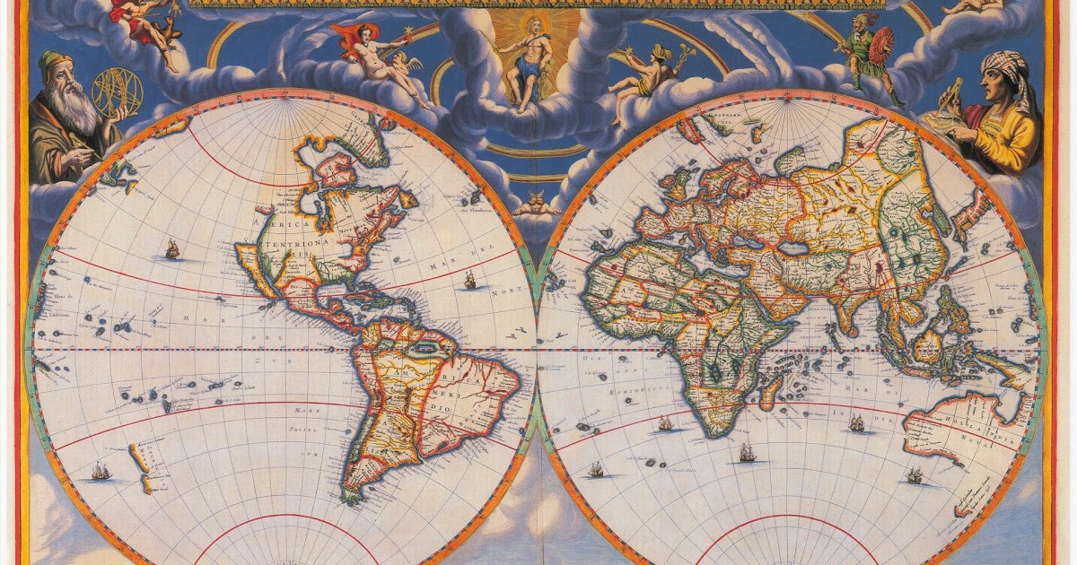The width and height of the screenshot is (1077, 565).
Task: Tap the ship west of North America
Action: coord(171,248)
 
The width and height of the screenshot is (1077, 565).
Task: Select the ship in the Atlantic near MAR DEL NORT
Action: coord(468,280)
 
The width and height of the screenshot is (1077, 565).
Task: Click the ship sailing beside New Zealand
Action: coord(101,470)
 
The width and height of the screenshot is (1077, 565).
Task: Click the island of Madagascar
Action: coord(771,391)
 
